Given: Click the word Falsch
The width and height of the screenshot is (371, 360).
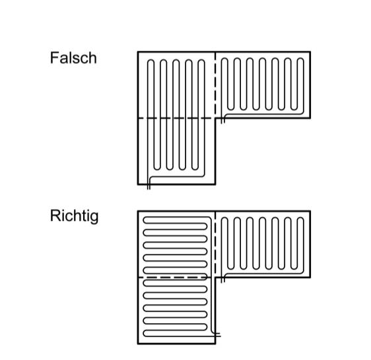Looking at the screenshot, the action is coord(73,58).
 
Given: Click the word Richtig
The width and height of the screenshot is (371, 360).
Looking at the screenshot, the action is coord(74,216).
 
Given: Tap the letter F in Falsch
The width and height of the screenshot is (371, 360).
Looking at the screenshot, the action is coord(54,58).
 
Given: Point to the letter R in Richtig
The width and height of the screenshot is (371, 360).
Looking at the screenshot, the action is coord(55,216).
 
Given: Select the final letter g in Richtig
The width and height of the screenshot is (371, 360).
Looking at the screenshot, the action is coord(94,218).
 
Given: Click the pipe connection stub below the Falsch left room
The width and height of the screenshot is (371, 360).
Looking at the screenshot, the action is coord(149,187).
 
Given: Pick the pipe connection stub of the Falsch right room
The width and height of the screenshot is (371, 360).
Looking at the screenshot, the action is coord(222,120).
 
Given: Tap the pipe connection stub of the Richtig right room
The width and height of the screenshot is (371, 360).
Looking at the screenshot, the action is coord(222,280).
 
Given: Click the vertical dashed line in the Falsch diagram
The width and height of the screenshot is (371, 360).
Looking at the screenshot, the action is coord(215,84).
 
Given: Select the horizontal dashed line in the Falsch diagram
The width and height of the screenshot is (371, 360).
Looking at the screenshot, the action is coord(176,118).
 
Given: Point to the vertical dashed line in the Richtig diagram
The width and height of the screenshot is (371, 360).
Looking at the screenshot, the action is coord(215,244).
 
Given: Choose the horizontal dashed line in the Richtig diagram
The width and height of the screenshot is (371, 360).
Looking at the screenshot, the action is coord(176,278).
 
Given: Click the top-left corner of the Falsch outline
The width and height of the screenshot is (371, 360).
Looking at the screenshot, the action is coord(138,52).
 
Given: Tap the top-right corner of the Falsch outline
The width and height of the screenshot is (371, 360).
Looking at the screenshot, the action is coord(310,52).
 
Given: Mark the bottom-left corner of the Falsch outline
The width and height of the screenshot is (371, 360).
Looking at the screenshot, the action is coord(138,184).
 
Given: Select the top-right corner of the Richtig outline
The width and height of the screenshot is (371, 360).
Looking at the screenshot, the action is coord(310,211).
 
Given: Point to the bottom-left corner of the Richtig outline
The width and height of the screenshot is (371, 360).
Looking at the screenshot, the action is coord(138,344).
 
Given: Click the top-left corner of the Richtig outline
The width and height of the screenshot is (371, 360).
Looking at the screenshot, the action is coord(138,211).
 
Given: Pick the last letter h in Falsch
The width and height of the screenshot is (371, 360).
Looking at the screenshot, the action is coord(93,58).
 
